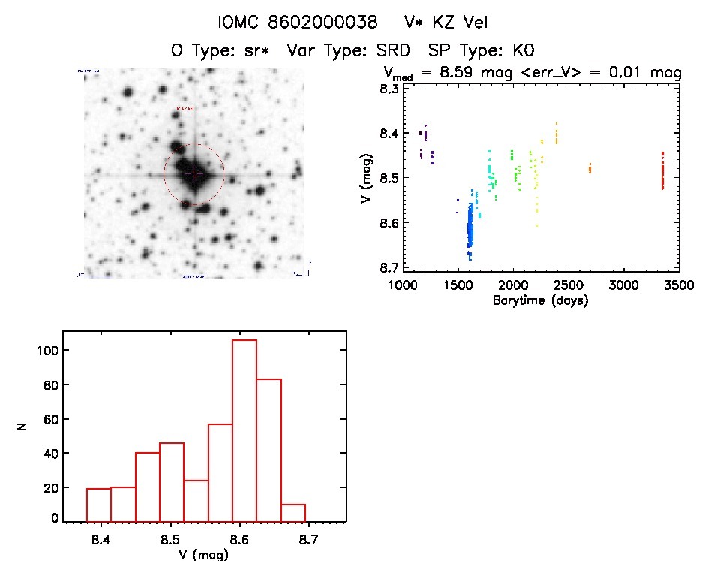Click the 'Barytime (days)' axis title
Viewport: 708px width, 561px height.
click(x=540, y=301)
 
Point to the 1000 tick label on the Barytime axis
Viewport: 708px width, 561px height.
click(x=403, y=286)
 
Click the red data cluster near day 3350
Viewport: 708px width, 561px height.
click(x=662, y=172)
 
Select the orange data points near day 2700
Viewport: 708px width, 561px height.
click(x=589, y=168)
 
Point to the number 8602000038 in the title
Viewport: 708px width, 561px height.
click(x=319, y=23)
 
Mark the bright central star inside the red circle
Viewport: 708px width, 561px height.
click(x=194, y=174)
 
